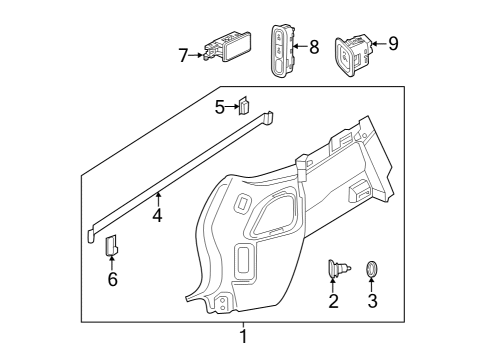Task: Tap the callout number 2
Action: click(x=333, y=300)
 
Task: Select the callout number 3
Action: click(x=373, y=300)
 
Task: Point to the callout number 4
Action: click(x=157, y=214)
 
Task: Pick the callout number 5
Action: click(x=220, y=106)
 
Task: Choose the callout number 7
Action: click(x=183, y=55)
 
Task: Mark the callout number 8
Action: click(x=314, y=46)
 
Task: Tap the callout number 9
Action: click(x=393, y=43)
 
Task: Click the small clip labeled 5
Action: click(x=243, y=105)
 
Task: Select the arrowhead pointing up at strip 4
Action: click(x=157, y=193)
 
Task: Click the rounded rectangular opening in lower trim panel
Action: click(x=243, y=263)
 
